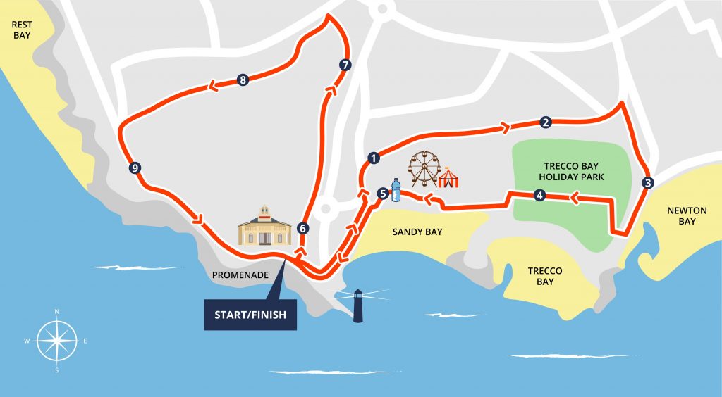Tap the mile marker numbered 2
tap(545, 122)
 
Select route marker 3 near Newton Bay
tap(648, 182)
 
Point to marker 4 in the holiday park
tap(539, 196)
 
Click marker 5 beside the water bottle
tap(382, 193)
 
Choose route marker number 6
tap(302, 228)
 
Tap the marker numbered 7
tap(345, 65)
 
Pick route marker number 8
tap(243, 80)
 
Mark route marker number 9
tap(135, 168)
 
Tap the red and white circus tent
tap(449, 177)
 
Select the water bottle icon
tap(396, 190)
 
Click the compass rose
tap(56, 340)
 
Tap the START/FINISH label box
tap(250, 315)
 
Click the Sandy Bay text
tap(417, 232)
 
